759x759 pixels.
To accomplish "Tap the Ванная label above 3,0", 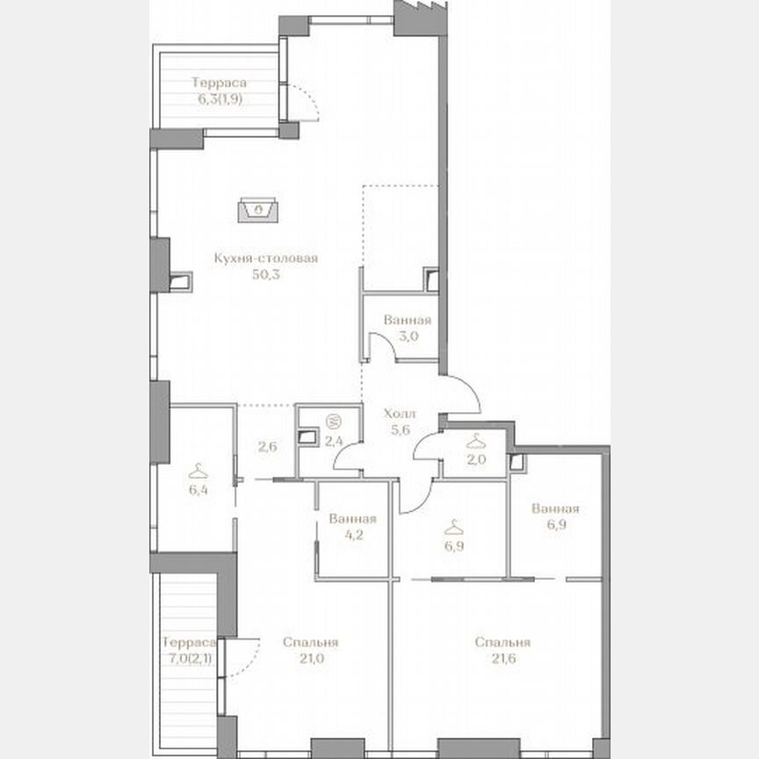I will click(407, 320).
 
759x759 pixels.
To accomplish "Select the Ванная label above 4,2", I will click(351, 517).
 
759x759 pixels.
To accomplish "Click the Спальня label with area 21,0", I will click(311, 642).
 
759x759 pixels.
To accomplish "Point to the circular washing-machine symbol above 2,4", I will click(333, 420).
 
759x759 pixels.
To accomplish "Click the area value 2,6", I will click(268, 446).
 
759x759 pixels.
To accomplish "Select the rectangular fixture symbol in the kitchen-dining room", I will click(259, 210).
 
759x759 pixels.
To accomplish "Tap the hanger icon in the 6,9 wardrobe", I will click(453, 528).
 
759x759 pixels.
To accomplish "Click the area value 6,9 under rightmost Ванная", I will click(554, 525).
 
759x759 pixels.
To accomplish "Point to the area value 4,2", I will click(351, 533).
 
